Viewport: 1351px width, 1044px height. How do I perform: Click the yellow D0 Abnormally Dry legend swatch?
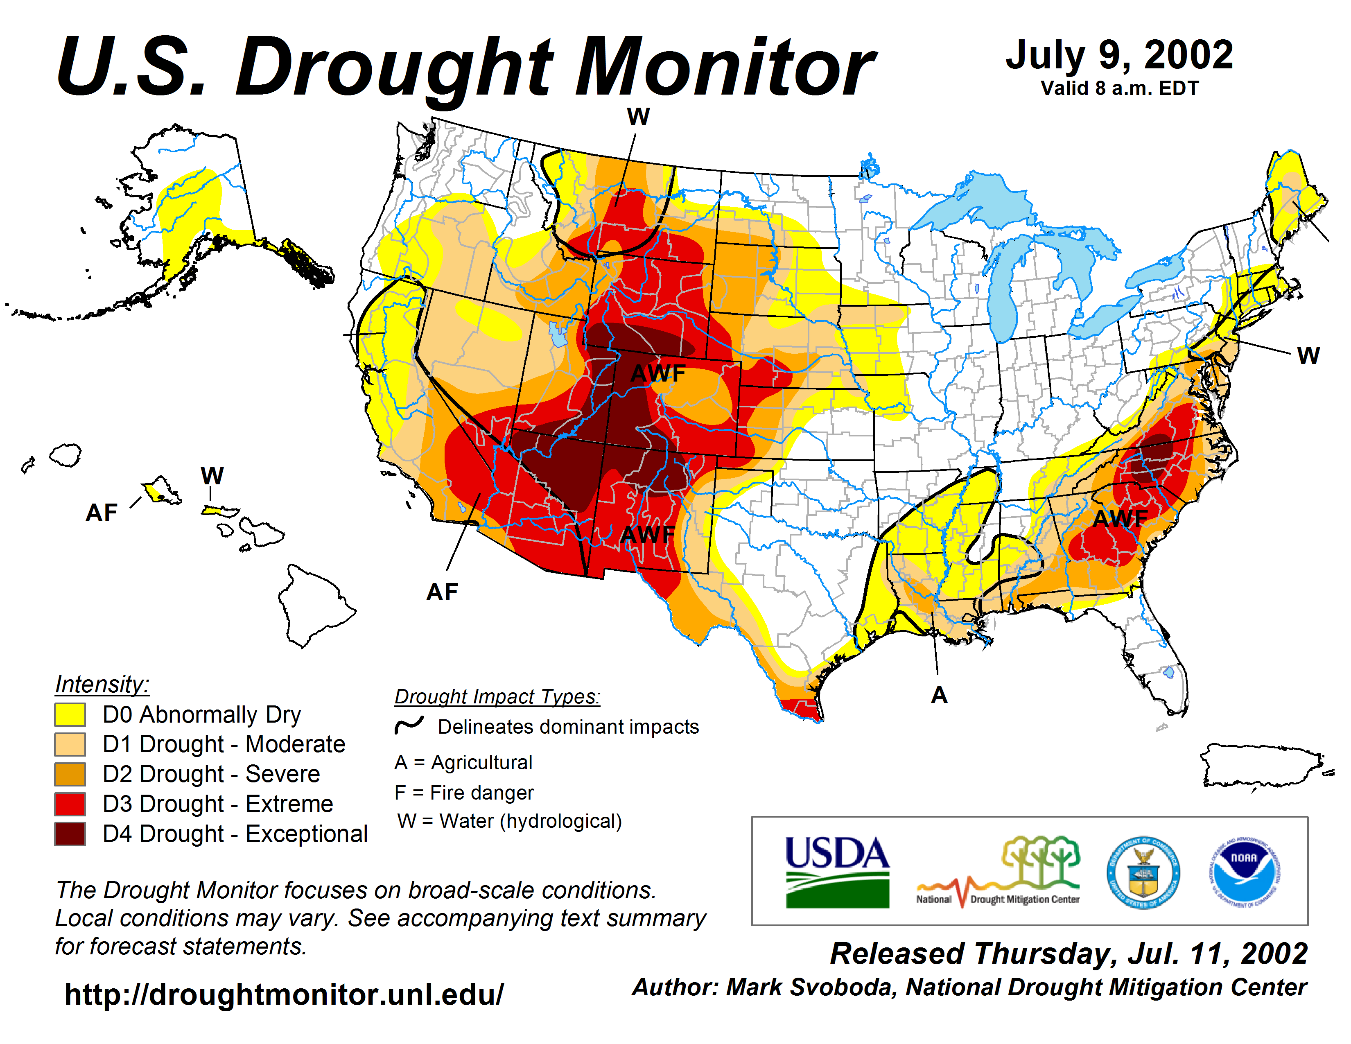(70, 714)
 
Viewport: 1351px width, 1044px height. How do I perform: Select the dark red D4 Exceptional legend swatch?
(70, 834)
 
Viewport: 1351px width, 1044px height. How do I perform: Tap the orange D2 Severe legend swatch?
(70, 774)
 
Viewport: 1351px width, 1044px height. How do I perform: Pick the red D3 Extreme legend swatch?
(70, 804)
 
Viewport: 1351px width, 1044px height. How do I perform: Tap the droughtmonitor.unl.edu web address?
(284, 994)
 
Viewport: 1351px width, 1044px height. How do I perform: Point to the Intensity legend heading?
(102, 684)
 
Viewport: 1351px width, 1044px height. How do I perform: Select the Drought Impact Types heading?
(497, 696)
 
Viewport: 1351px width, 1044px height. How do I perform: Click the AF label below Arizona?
(442, 592)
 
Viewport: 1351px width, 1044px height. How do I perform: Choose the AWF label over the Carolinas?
(1120, 518)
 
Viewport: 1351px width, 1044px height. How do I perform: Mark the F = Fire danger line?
(464, 792)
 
